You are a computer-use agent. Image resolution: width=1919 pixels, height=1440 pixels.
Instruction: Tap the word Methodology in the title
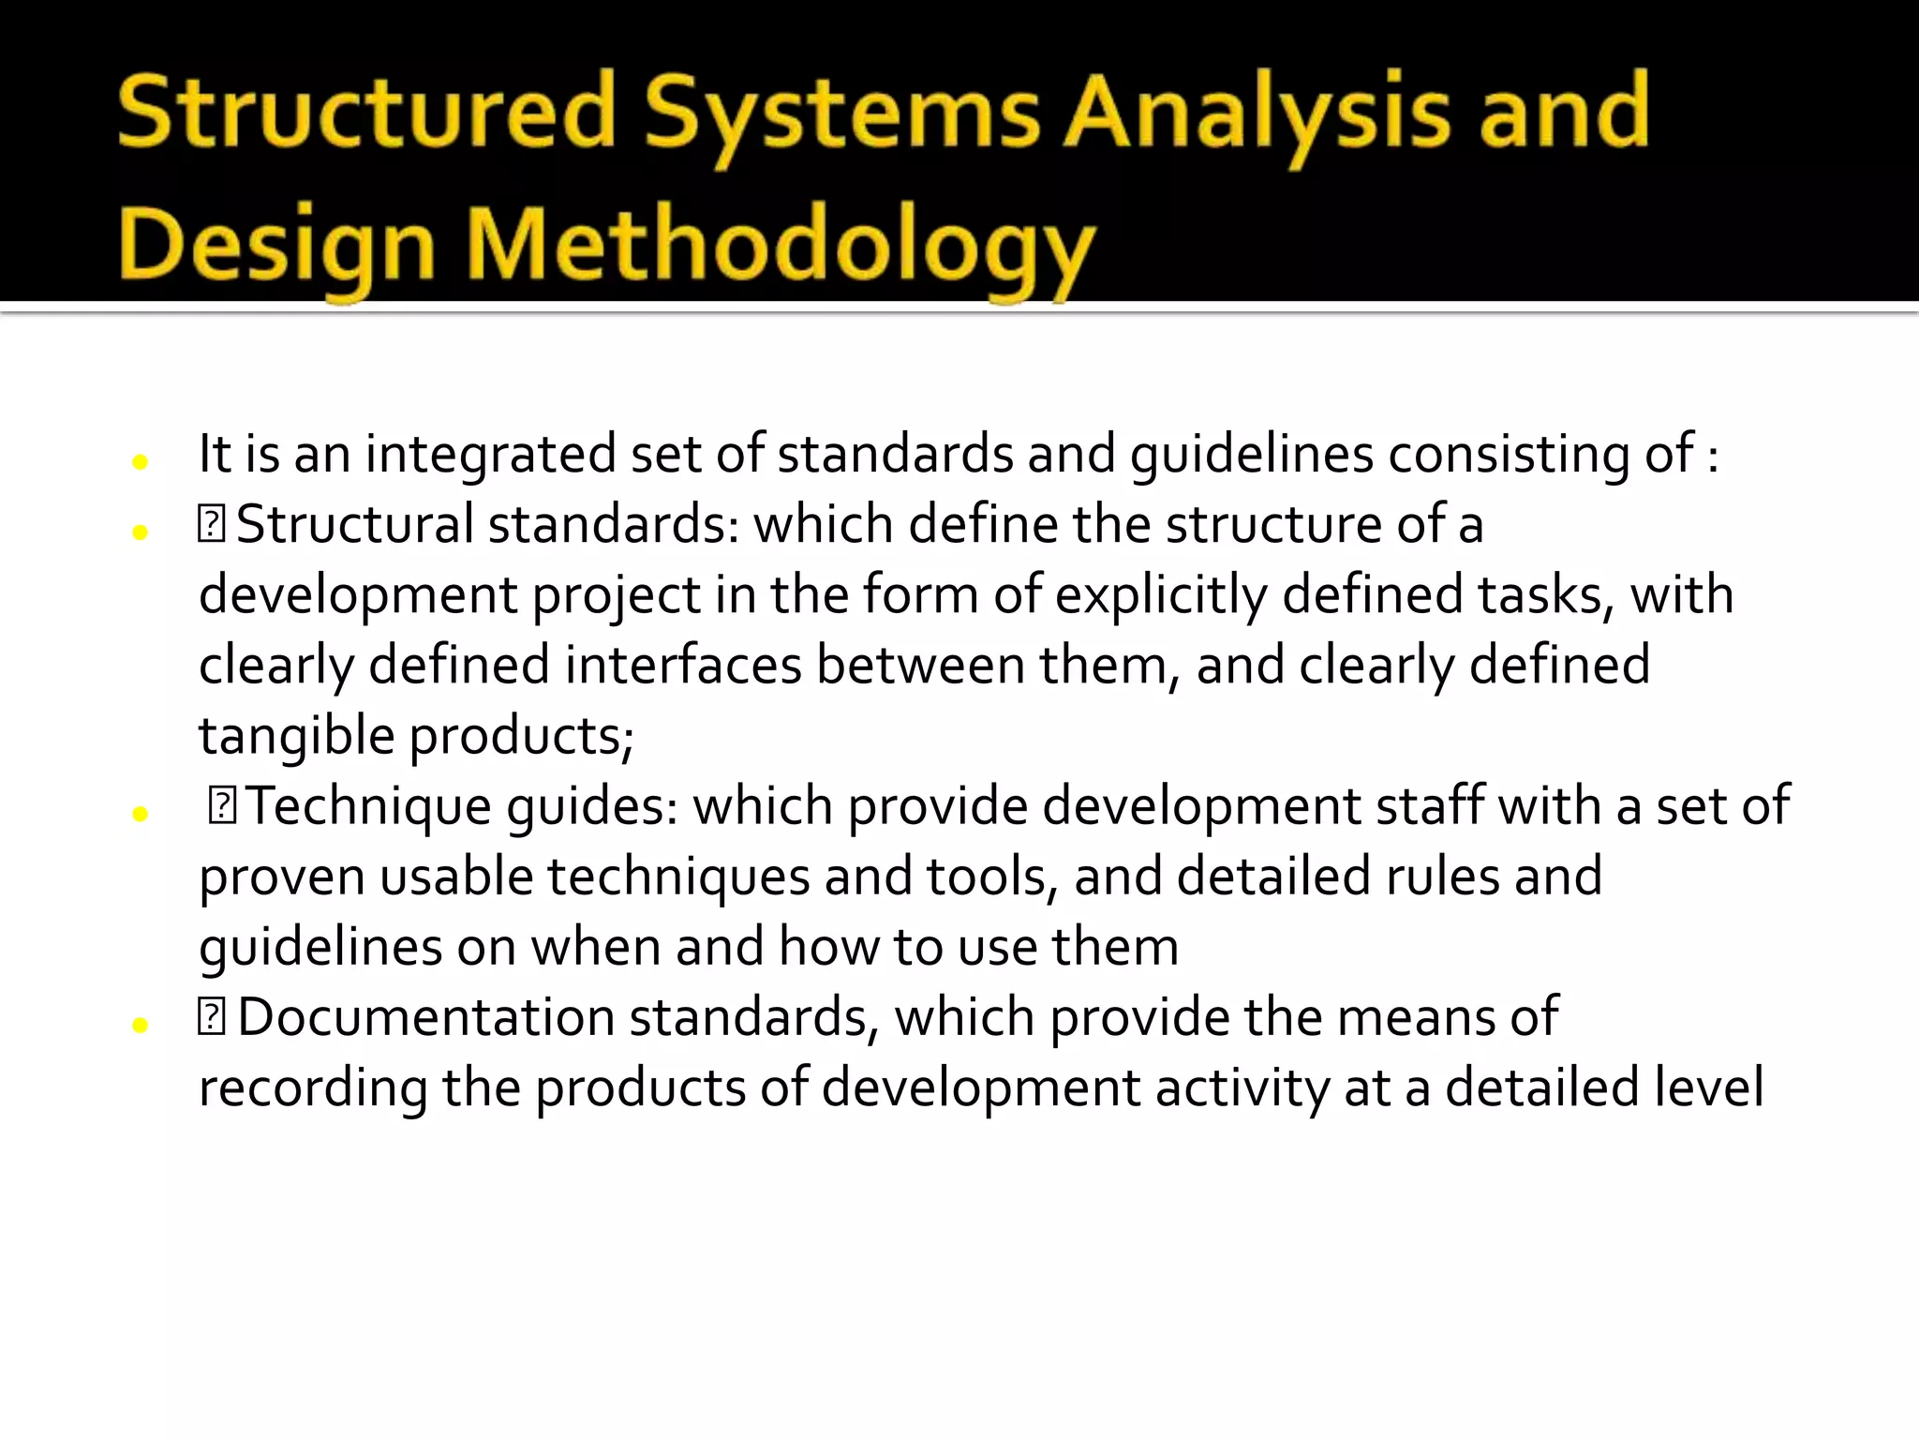click(780, 246)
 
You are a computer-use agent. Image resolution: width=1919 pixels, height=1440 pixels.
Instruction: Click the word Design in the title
click(277, 246)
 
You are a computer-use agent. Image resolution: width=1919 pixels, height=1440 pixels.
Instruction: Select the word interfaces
click(683, 666)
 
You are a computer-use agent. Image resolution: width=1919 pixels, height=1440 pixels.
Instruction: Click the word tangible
click(296, 736)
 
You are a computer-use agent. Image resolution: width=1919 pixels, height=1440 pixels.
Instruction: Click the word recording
click(313, 1088)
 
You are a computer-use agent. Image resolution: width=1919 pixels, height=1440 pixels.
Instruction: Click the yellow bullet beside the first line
click(141, 461)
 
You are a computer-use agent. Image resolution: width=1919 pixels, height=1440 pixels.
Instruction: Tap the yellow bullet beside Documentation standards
click(141, 1025)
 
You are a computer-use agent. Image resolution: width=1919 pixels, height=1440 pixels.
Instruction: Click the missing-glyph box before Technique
click(222, 805)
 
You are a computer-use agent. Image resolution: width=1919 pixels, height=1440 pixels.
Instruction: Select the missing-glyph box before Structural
click(212, 523)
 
